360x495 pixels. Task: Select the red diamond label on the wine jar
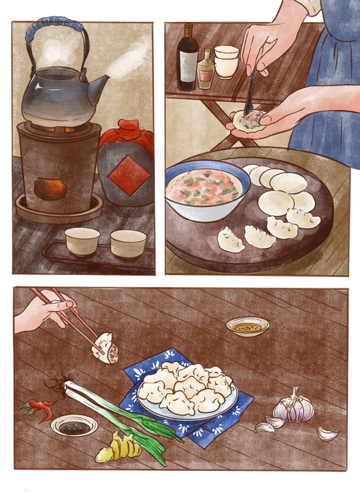click(x=129, y=175)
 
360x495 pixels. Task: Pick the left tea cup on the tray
click(x=82, y=241)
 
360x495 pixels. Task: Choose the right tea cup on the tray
click(x=128, y=243)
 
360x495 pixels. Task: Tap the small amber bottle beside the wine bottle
click(x=206, y=71)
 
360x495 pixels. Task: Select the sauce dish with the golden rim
click(x=248, y=327)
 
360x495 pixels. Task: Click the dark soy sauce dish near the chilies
click(x=74, y=426)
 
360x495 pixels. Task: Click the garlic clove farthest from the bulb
click(x=327, y=433)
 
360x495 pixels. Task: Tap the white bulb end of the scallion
click(x=75, y=390)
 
